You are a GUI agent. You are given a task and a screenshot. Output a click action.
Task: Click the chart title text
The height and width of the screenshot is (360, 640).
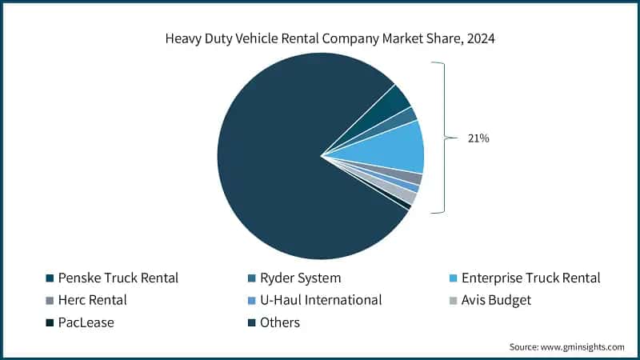point(320,38)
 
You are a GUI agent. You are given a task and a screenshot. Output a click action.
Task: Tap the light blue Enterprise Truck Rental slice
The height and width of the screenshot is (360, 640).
point(396,146)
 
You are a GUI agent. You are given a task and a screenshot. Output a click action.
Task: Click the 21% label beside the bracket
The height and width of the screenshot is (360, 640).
point(478,138)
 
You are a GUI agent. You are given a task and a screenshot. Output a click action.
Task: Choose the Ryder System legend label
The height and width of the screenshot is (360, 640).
point(301,278)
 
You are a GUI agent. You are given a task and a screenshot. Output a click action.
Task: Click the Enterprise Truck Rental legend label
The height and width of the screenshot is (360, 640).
point(530,278)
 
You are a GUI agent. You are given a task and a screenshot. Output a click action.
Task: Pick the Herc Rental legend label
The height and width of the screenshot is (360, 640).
point(92,301)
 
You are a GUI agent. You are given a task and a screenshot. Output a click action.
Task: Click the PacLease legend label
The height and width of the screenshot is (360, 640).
point(88,322)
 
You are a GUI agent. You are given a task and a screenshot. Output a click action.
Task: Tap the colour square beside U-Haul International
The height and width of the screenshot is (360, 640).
point(251,302)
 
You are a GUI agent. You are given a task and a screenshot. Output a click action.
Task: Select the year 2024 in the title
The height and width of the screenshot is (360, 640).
point(480,38)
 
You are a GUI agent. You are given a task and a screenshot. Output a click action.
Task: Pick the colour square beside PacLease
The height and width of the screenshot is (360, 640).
point(49,323)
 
